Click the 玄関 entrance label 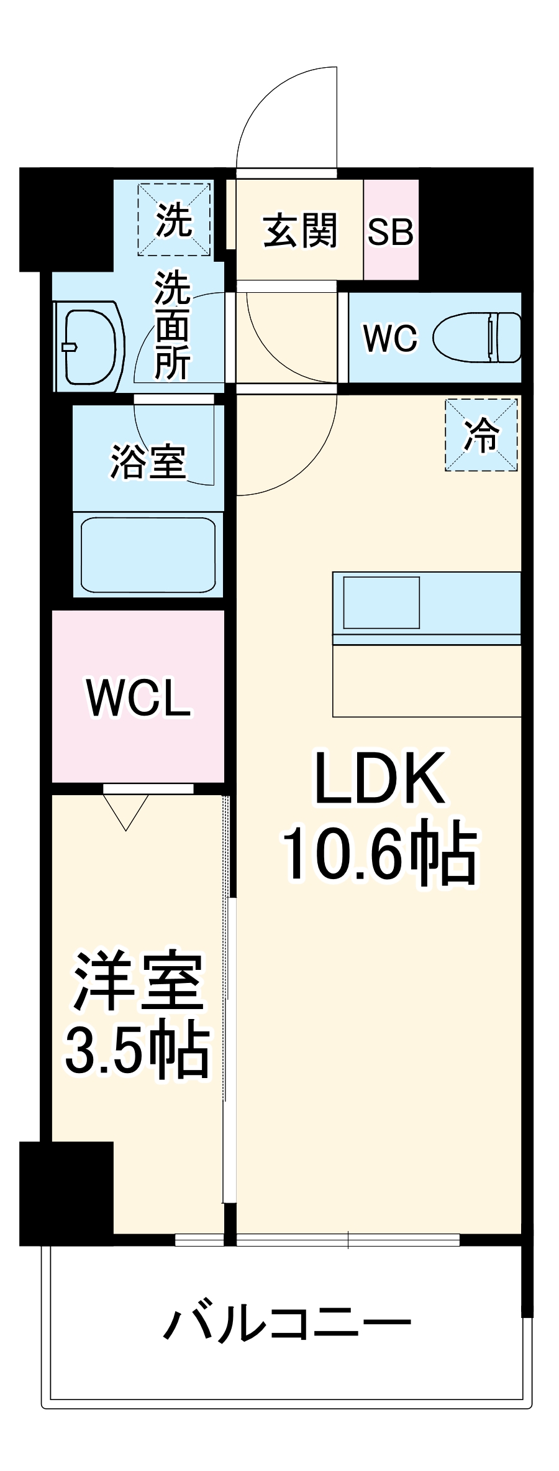300,231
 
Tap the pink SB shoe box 391,231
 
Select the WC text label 391,339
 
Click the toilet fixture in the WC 477,338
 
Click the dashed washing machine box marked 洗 174,219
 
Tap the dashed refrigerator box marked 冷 481,435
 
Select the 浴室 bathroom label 148,461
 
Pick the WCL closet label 138,698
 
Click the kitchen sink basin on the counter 381,602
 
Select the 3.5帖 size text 138,1051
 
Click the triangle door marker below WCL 126,811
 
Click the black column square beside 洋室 66,1193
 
